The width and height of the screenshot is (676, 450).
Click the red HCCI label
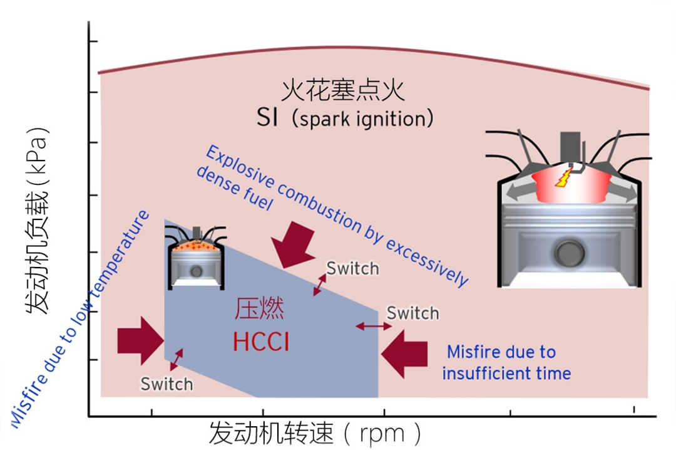pyautogui.click(x=261, y=342)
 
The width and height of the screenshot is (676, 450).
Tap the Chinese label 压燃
pyautogui.click(x=260, y=310)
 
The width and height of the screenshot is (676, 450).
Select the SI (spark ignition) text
pyautogui.click(x=345, y=118)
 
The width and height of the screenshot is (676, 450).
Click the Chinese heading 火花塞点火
pyautogui.click(x=342, y=92)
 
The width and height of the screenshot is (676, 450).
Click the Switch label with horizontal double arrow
pyautogui.click(x=412, y=312)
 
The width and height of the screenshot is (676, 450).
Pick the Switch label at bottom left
pyautogui.click(x=166, y=384)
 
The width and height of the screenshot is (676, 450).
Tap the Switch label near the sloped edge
pyautogui.click(x=352, y=269)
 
